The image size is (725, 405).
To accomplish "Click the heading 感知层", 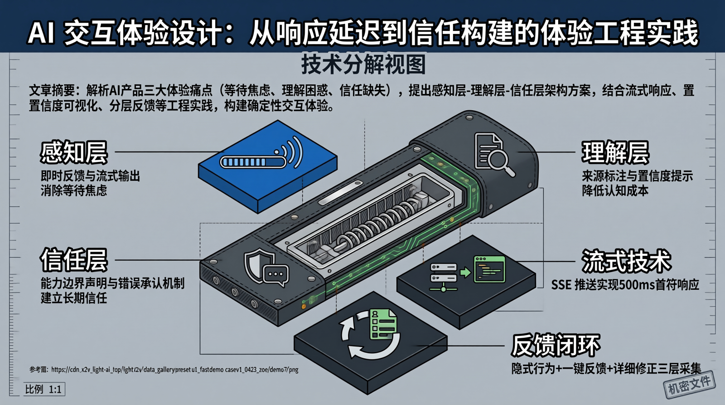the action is [x=74, y=152].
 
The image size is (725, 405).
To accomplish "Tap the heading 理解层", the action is [x=615, y=152].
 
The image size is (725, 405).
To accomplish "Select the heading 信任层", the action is [x=74, y=260].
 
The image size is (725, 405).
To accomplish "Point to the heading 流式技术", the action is [x=626, y=261].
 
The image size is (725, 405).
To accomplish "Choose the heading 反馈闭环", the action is [x=556, y=345].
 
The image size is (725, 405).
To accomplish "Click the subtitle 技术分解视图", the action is [x=363, y=64].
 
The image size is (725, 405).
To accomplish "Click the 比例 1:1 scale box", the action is [x=44, y=389].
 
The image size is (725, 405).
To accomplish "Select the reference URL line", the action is [x=164, y=369].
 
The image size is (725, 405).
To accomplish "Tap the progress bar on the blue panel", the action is [x=253, y=161].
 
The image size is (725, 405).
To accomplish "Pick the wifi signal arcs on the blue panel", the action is [x=289, y=151].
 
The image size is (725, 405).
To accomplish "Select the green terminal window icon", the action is [x=489, y=269].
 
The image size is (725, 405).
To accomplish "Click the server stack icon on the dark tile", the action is [x=444, y=277].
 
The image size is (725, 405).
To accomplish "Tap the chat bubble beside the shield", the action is [x=276, y=275].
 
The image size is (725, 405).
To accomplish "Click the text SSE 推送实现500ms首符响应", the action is [x=625, y=285].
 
